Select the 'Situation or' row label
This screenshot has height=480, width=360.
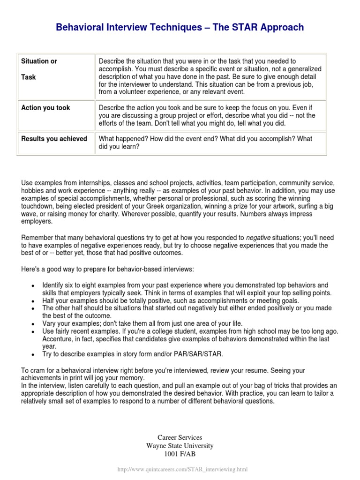[39, 61]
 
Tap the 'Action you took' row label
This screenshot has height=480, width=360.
[45, 108]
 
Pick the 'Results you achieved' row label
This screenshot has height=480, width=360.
[54, 139]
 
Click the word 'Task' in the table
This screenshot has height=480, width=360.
[29, 77]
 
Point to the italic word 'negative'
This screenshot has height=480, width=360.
[258, 238]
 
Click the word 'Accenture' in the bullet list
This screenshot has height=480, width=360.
[59, 339]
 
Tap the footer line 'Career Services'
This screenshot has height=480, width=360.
[180, 437]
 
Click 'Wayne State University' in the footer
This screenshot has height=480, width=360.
[180, 446]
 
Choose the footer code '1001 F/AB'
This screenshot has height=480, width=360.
[180, 454]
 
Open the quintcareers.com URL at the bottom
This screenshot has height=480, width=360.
[180, 469]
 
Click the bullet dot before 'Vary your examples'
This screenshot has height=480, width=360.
[32, 324]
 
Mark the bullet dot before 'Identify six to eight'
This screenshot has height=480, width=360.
[32, 286]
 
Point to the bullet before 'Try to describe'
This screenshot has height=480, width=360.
[32, 354]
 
